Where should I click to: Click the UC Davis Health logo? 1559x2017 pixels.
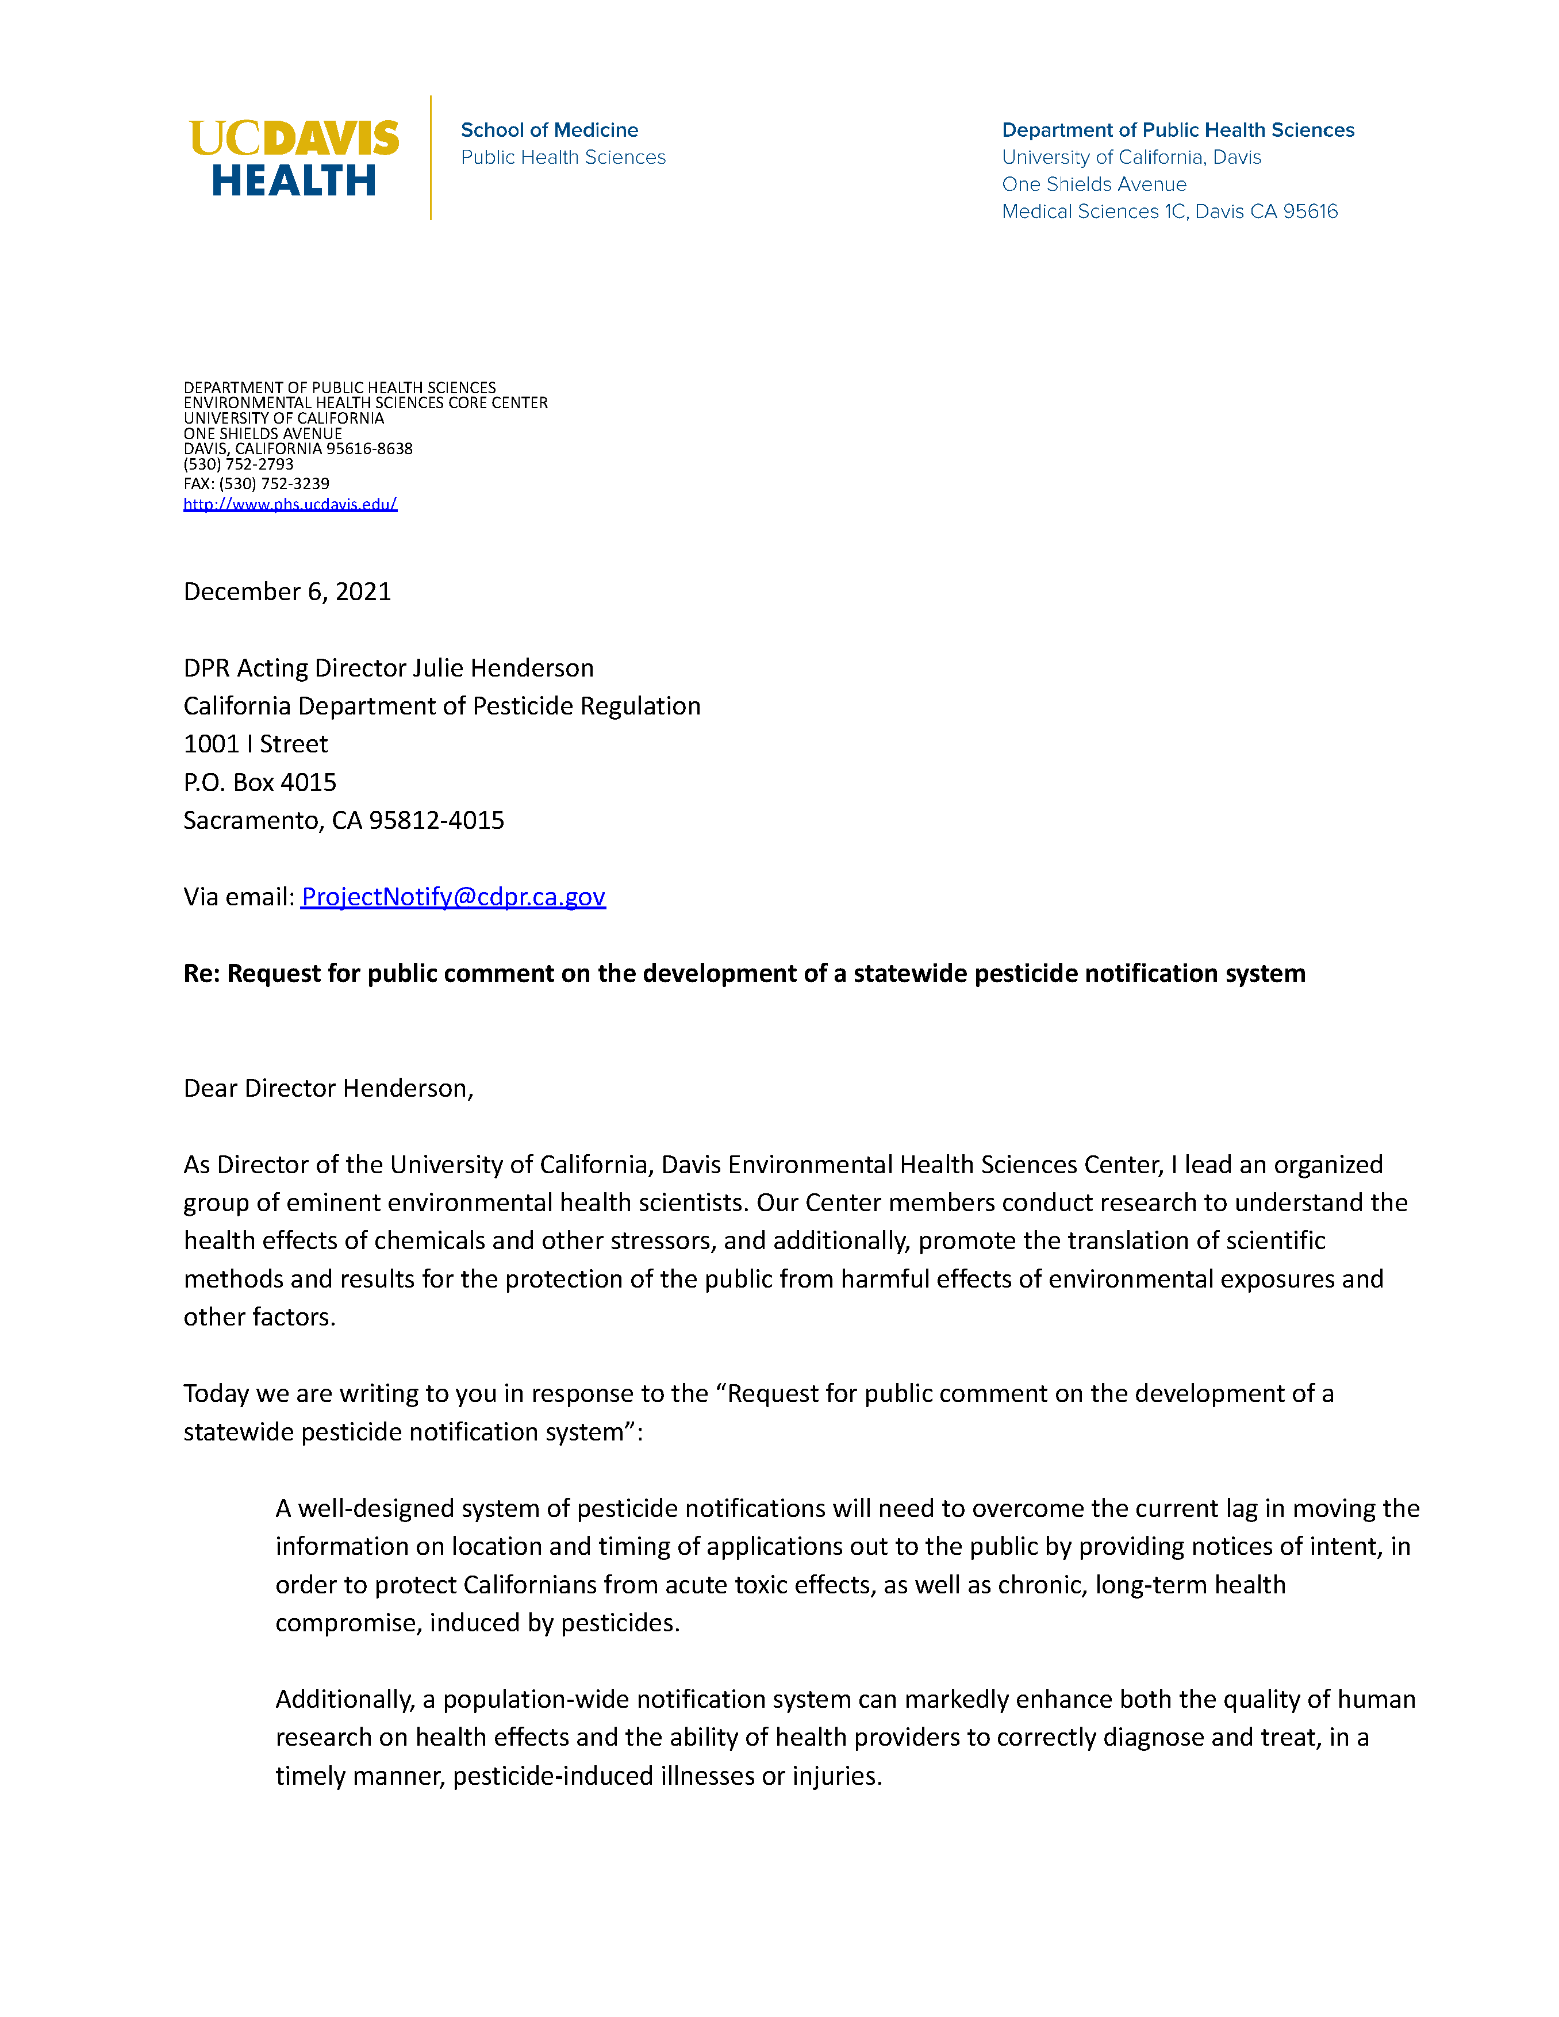pyautogui.click(x=294, y=158)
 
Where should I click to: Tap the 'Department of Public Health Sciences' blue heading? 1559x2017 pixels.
pyautogui.click(x=1177, y=130)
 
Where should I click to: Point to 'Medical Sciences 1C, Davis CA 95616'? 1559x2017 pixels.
pyautogui.click(x=1169, y=212)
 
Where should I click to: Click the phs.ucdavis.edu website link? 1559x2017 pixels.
pyautogui.click(x=290, y=504)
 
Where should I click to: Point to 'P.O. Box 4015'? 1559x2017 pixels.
pyautogui.click(x=259, y=782)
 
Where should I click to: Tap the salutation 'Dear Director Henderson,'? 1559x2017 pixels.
pyautogui.click(x=328, y=1088)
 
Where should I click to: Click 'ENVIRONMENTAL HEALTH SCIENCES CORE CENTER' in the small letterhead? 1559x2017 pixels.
pyautogui.click(x=366, y=403)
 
